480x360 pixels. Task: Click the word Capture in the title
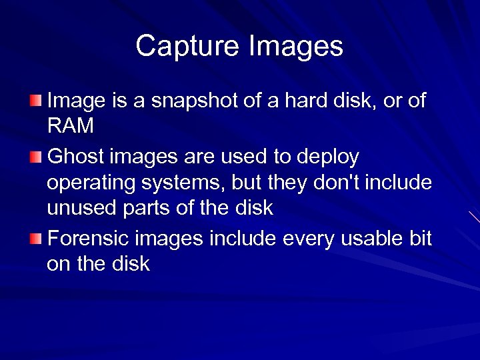(188, 47)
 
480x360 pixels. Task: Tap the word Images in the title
(296, 47)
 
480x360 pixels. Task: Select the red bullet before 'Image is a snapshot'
(35, 101)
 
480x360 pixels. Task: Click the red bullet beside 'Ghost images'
(35, 157)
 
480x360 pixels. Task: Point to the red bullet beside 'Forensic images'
(35, 239)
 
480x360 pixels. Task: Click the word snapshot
(185, 101)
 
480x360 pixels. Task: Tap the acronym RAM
(71, 126)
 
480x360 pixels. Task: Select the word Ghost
(76, 157)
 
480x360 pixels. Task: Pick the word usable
(373, 238)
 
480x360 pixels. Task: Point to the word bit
(421, 238)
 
